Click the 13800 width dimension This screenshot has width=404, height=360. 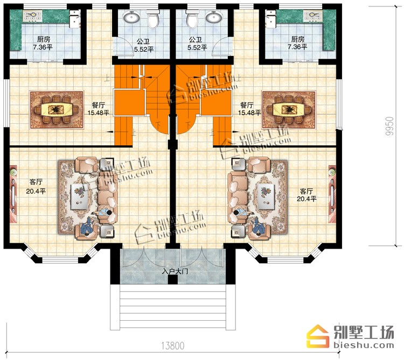(x=173, y=345)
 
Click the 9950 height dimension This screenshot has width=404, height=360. (x=389, y=126)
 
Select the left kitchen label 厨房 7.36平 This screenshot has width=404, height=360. (x=43, y=43)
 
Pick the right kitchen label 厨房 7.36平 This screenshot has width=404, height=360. (x=297, y=43)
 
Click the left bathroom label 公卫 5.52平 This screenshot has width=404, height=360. (x=143, y=45)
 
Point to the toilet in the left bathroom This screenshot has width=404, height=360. (x=153, y=19)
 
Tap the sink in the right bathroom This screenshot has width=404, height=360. (x=214, y=17)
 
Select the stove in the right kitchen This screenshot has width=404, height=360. (x=313, y=16)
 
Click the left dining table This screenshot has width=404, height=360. (x=57, y=110)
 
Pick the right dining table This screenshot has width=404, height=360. (x=289, y=110)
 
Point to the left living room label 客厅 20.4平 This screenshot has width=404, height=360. (x=36, y=187)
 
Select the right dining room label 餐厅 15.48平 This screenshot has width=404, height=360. (x=249, y=109)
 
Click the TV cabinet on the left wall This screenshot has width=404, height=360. (x=13, y=194)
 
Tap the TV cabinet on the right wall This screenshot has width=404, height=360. (x=332, y=194)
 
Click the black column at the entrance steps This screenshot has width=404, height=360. (x=172, y=280)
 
